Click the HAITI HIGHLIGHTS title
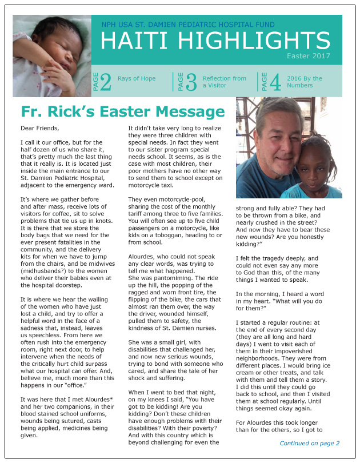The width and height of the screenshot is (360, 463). pyautogui.click(x=215, y=41)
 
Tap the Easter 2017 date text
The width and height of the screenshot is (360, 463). pyautogui.click(x=309, y=57)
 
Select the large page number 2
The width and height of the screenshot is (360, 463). pyautogui.click(x=106, y=82)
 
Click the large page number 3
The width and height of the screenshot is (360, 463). pyautogui.click(x=191, y=82)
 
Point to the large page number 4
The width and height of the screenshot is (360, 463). pyautogui.click(x=275, y=82)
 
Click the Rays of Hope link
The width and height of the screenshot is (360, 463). pyautogui.click(x=137, y=78)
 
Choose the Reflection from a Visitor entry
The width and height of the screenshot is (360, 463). pyautogui.click(x=224, y=82)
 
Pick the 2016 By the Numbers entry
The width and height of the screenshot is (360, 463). pyautogui.click(x=305, y=82)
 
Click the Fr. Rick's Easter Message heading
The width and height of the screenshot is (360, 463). pyautogui.click(x=122, y=111)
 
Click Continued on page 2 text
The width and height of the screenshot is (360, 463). pyautogui.click(x=309, y=443)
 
